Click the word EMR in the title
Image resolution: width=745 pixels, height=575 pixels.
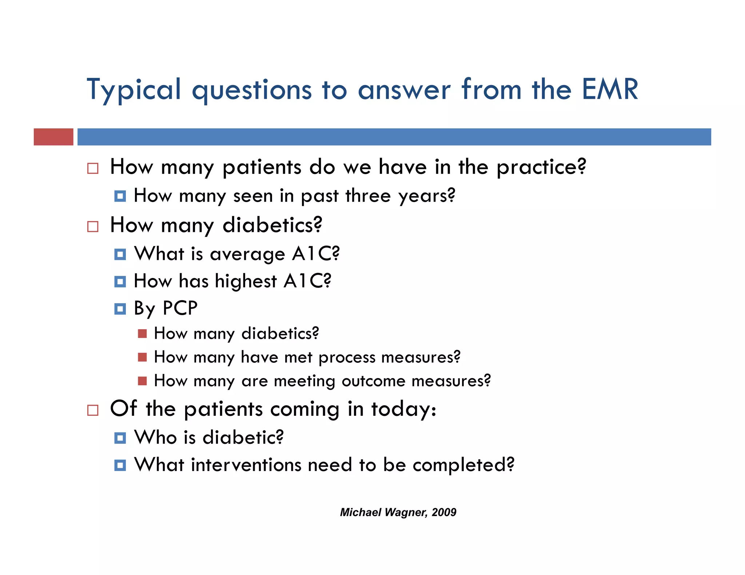click(610, 89)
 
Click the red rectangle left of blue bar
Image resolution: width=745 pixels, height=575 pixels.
click(53, 137)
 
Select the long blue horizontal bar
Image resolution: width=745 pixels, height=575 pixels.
click(394, 137)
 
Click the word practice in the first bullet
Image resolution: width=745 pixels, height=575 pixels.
click(541, 168)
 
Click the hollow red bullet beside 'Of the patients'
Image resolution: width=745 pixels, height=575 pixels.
click(93, 410)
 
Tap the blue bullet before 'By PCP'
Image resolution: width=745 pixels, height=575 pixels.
click(120, 309)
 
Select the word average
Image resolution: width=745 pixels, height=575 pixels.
click(247, 254)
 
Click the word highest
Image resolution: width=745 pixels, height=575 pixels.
click(246, 282)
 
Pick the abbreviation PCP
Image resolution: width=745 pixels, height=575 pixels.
click(180, 308)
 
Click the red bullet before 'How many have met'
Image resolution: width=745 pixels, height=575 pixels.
click(142, 357)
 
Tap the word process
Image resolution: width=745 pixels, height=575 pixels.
click(347, 358)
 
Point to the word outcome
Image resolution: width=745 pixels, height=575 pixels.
click(373, 381)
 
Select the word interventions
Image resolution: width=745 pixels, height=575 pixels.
click(246, 465)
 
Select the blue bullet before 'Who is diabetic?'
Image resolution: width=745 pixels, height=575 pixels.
click(120, 438)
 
